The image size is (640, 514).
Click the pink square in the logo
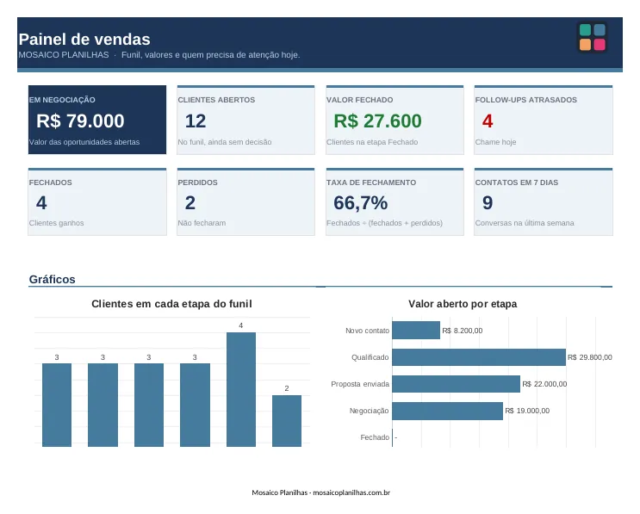pyautogui.click(x=600, y=45)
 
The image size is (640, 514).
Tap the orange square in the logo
pyautogui.click(x=586, y=45)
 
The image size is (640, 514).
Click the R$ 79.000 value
pyautogui.click(x=80, y=121)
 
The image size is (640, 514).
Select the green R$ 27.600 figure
pyautogui.click(x=377, y=121)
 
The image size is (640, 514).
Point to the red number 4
pyautogui.click(x=488, y=121)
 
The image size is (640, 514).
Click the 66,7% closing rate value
pyautogui.click(x=360, y=202)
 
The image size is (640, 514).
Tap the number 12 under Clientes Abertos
pyautogui.click(x=196, y=121)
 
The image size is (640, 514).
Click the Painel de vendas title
pyautogui.click(x=84, y=39)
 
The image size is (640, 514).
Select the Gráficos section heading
pyautogui.click(x=53, y=279)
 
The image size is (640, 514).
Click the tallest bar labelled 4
pyautogui.click(x=241, y=389)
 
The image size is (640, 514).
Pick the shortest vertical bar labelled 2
pyautogui.click(x=287, y=421)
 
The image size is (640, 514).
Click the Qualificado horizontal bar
pyautogui.click(x=479, y=357)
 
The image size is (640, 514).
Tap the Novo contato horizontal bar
pyautogui.click(x=416, y=331)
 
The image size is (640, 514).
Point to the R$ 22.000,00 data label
pyautogui.click(x=544, y=384)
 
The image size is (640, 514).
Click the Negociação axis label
pyautogui.click(x=369, y=411)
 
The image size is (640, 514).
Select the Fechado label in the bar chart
pyautogui.click(x=375, y=437)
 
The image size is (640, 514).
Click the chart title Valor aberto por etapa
pyautogui.click(x=463, y=304)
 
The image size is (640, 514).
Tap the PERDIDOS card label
pyautogui.click(x=197, y=183)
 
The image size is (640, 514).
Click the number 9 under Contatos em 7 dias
pyautogui.click(x=488, y=202)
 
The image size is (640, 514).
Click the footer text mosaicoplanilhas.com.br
pyautogui.click(x=351, y=492)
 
